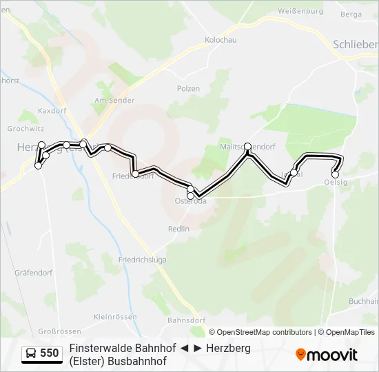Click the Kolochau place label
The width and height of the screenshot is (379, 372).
221,40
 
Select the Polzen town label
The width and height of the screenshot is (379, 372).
188,89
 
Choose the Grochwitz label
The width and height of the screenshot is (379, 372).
24,128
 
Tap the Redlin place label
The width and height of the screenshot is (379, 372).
178,229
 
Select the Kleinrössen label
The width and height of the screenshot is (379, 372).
112,317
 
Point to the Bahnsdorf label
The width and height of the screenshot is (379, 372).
186,320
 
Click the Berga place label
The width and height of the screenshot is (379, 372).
351,14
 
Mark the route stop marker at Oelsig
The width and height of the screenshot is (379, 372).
336,174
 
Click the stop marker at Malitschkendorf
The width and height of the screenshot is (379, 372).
248,147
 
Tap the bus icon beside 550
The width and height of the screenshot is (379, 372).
31,353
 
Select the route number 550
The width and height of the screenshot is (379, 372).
49,353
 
